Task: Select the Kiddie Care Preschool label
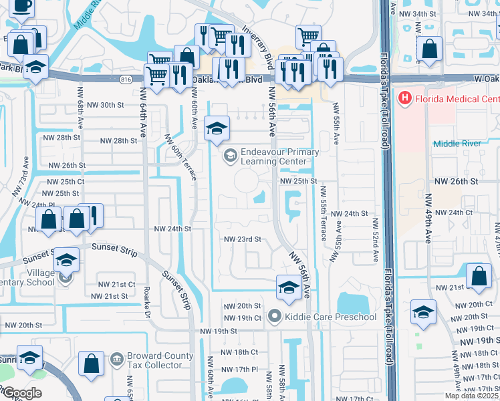coord(331,317)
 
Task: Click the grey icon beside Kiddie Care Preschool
coord(273,316)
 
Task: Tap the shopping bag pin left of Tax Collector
coord(91,364)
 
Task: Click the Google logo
coord(22,393)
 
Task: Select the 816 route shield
coord(126,79)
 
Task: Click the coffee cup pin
coord(21,6)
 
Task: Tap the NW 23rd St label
coord(242,239)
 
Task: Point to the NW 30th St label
coord(102,105)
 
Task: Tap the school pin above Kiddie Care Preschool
coord(288,287)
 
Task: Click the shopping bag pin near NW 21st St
coord(479,277)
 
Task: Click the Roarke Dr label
coord(146,302)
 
